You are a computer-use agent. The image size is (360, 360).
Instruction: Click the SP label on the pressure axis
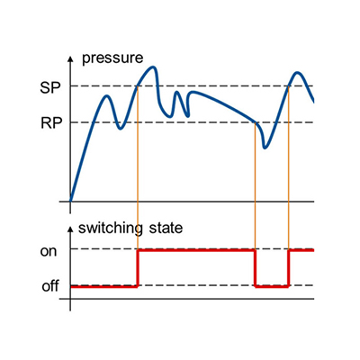(x=50, y=88)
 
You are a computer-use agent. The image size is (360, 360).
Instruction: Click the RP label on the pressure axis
(x=51, y=123)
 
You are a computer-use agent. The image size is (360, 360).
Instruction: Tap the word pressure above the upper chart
(x=112, y=58)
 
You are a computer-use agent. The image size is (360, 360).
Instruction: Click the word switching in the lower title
(x=111, y=229)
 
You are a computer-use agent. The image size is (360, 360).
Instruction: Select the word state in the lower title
(x=166, y=229)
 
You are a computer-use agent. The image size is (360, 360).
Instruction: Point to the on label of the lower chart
(x=49, y=251)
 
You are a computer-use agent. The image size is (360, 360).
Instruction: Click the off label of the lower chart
(x=50, y=286)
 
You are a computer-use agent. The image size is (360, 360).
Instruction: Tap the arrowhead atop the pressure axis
(x=70, y=58)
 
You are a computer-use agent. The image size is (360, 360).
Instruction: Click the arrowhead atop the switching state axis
(x=70, y=229)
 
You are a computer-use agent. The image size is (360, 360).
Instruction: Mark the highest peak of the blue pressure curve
(x=154, y=67)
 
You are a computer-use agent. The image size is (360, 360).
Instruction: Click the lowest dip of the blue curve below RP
(x=265, y=148)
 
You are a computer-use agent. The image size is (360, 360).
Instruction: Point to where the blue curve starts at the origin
(x=70, y=202)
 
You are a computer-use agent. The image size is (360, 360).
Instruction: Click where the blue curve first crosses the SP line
(x=138, y=86)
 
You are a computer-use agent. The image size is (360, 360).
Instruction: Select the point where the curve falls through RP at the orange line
(x=255, y=122)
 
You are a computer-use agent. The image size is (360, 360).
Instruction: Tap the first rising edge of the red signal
(x=138, y=268)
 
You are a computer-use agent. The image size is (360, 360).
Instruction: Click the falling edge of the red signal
(x=255, y=268)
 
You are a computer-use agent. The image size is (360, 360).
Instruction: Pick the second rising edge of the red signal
(x=289, y=268)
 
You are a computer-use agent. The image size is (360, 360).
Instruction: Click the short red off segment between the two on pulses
(x=272, y=287)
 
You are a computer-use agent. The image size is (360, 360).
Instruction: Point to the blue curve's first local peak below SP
(x=107, y=96)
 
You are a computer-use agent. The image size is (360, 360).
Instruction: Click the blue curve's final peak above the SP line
(x=297, y=72)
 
